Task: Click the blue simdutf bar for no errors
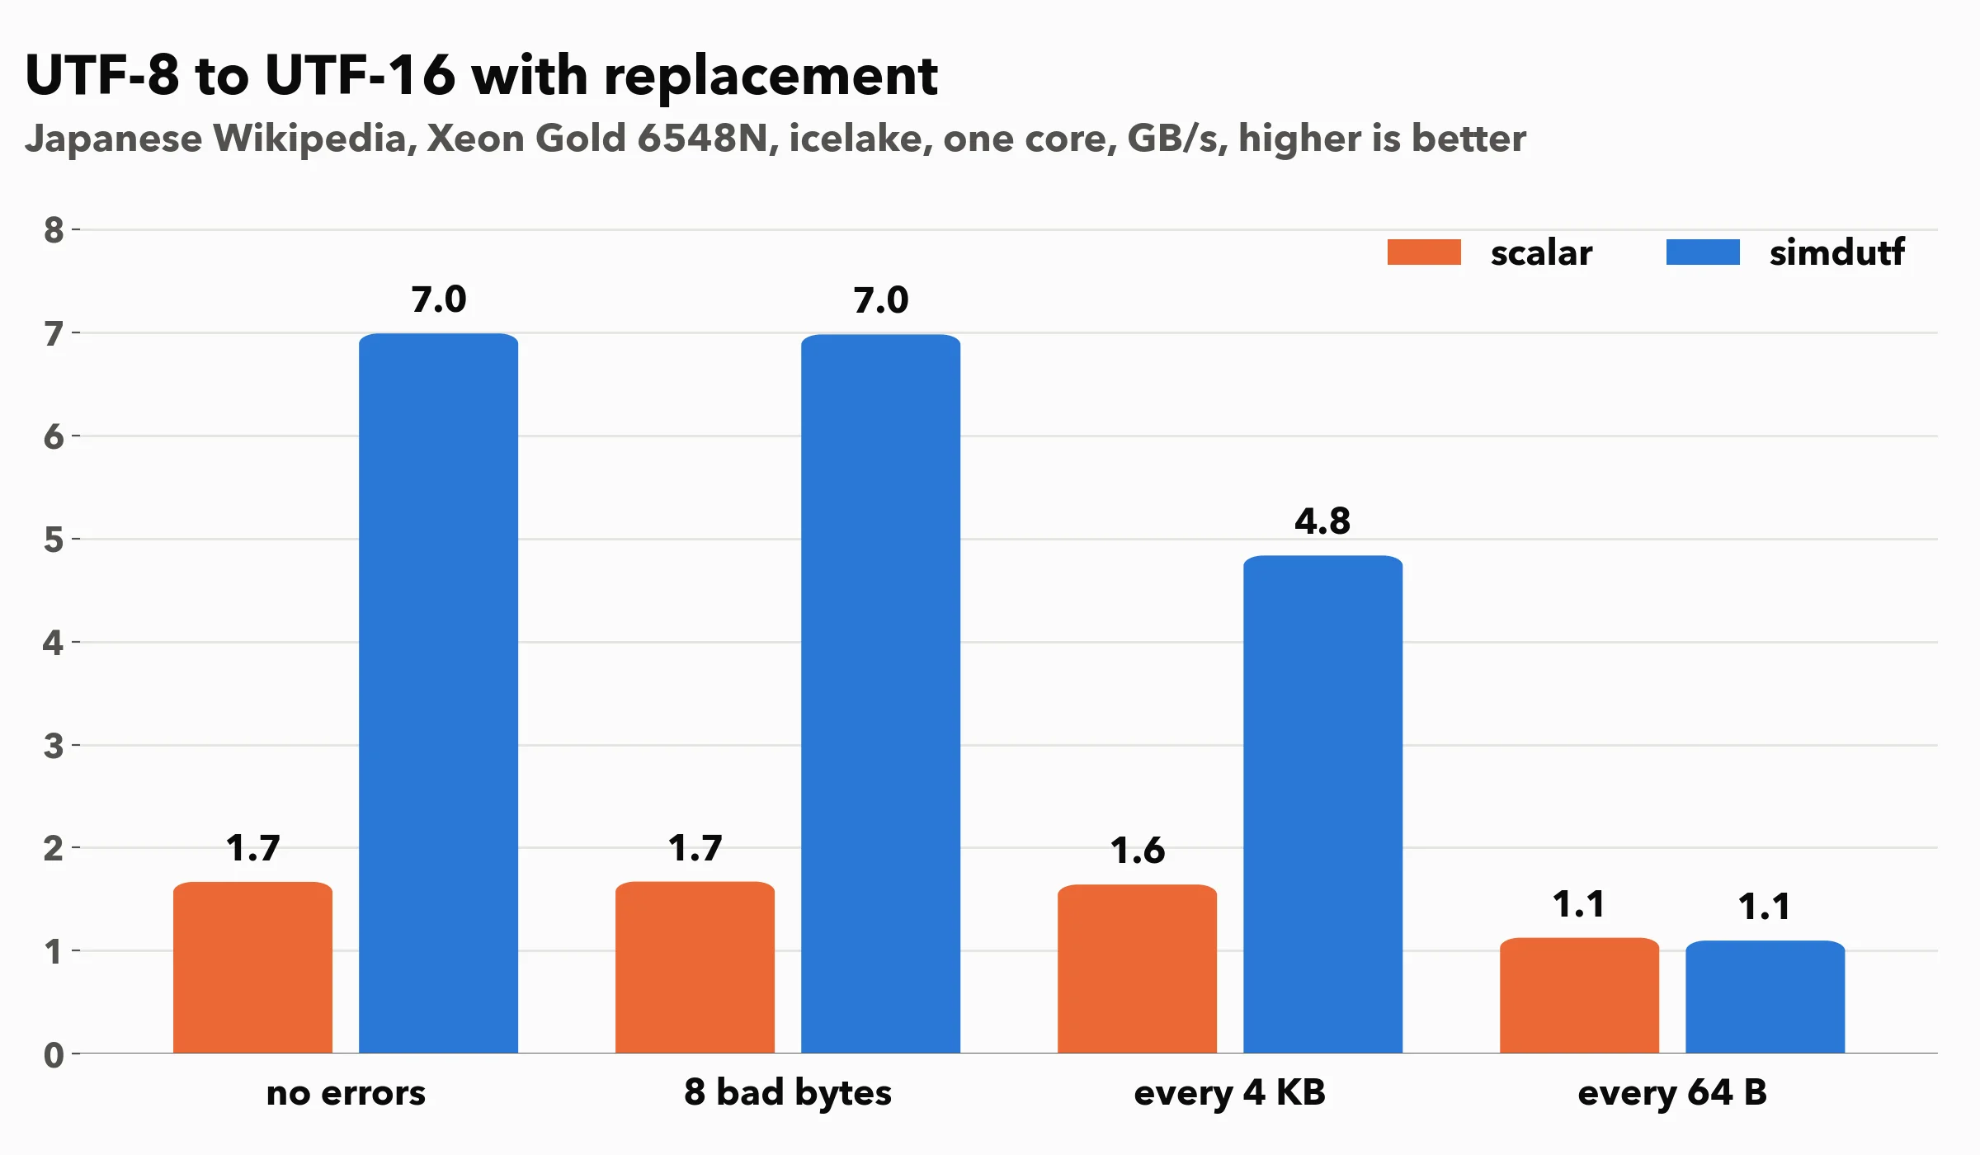(x=439, y=693)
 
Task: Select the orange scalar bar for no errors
(x=253, y=968)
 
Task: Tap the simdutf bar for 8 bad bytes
(x=881, y=694)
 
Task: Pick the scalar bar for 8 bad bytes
(x=695, y=968)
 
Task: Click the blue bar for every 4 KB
(x=1323, y=804)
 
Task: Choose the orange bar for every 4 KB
(x=1138, y=969)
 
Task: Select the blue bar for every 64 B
(x=1765, y=997)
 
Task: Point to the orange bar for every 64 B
(x=1580, y=996)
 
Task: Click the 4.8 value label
(x=1322, y=521)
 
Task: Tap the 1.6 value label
(x=1138, y=851)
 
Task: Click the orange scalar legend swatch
(x=1424, y=252)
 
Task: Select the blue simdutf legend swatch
(x=1703, y=252)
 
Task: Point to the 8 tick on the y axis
(x=54, y=230)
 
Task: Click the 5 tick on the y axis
(x=54, y=540)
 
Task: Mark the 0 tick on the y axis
(x=54, y=1054)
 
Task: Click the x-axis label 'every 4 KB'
(x=1230, y=1093)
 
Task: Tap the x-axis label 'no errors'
(x=346, y=1093)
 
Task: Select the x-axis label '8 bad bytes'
(x=788, y=1093)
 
